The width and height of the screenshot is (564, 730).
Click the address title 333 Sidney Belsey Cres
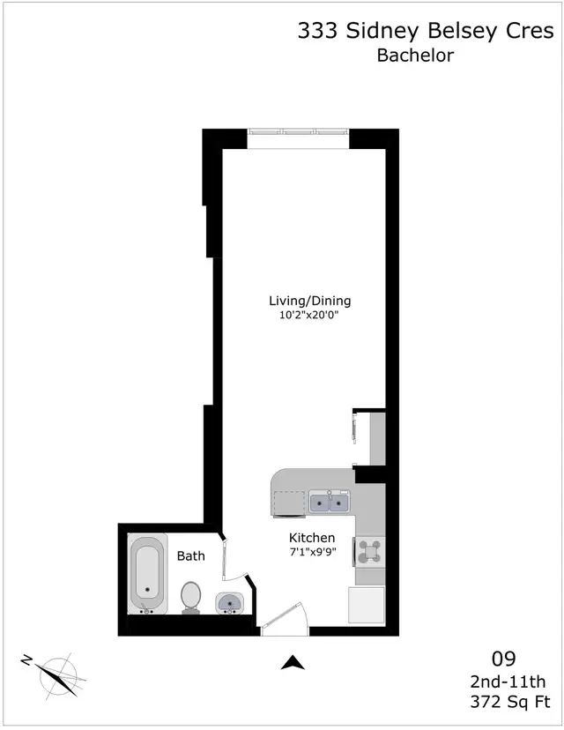coord(426,32)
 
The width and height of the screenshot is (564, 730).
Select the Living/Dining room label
coord(304,301)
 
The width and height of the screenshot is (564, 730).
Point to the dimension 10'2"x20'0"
coord(304,315)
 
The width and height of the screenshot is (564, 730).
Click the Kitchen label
coord(312,538)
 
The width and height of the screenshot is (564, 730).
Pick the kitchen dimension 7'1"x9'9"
coord(312,553)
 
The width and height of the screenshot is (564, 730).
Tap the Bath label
coord(191,556)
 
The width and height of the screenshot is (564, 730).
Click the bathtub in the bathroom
coord(147,574)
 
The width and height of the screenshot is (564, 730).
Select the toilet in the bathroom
coord(190,596)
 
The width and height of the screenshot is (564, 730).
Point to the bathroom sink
coord(231,603)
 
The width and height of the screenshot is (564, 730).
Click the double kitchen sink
coord(330,503)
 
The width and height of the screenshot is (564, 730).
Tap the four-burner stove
coord(368,552)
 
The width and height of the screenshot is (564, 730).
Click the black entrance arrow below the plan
coord(293,663)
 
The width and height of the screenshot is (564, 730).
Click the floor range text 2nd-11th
coord(508,681)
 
